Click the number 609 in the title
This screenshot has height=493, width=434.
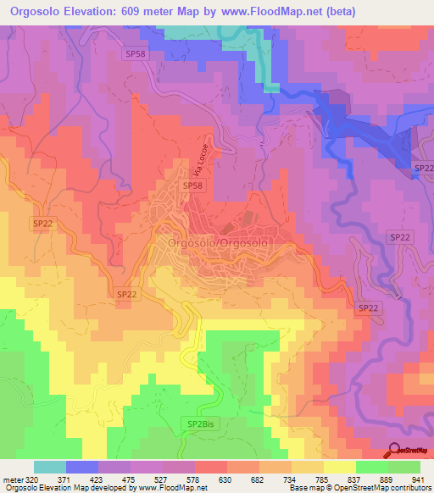[x=144, y=12]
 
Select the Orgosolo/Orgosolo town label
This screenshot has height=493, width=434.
[x=219, y=242]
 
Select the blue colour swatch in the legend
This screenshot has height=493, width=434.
[x=82, y=467]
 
